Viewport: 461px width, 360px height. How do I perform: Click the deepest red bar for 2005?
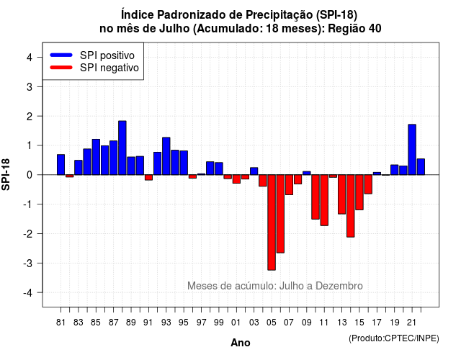272,222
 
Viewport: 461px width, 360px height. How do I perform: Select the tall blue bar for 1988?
122,148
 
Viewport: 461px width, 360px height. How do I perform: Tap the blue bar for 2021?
412,150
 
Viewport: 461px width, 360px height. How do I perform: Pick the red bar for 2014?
351,206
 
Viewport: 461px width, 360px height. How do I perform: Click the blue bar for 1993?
166,156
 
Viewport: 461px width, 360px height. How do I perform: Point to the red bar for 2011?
324,200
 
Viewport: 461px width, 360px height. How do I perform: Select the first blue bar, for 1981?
61,165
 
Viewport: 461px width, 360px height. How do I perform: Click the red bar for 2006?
280,214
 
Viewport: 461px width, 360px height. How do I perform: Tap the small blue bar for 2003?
254,171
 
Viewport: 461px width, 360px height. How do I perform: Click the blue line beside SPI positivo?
61,55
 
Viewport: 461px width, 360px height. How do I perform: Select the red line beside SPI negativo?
61,68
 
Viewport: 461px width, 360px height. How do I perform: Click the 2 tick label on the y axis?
30,117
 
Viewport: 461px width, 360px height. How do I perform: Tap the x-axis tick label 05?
272,323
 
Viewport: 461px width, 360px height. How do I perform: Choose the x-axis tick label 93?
166,323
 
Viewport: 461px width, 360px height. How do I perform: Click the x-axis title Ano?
241,343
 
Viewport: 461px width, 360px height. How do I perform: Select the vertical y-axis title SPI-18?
6,174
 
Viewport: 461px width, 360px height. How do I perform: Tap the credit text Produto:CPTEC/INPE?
394,338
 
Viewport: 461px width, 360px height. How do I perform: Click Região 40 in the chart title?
354,29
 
